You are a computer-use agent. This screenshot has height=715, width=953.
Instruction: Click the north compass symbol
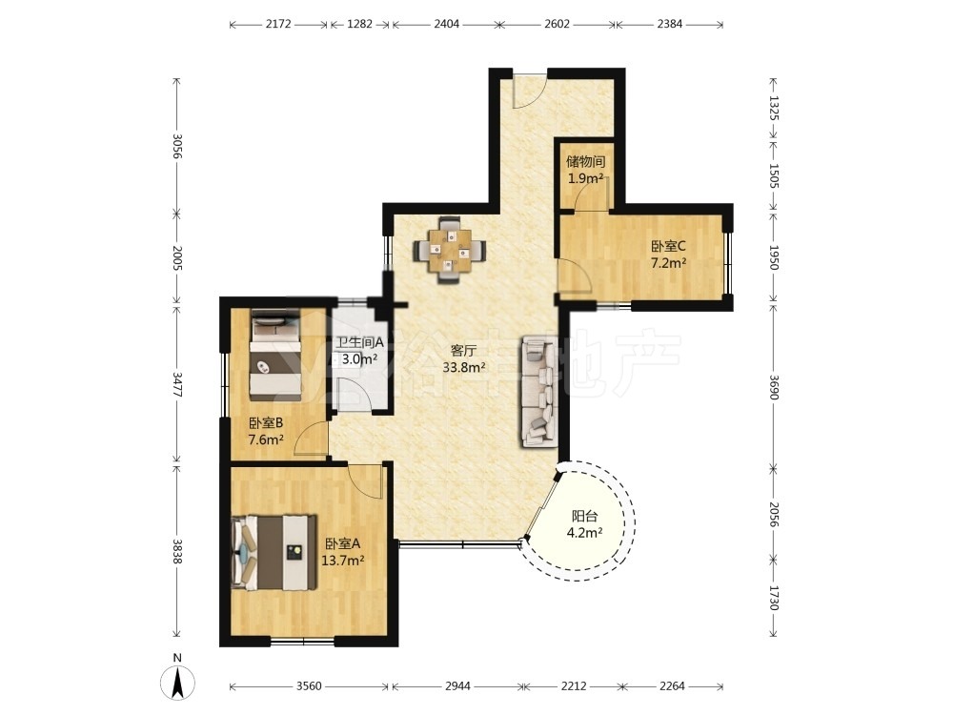point(177,683)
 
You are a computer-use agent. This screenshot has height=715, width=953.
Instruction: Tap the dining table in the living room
point(450,250)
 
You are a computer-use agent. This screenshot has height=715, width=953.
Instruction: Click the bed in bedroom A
point(274,553)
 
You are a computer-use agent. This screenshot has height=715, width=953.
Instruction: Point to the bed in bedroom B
point(275,355)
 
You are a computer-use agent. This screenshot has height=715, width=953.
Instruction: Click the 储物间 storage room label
point(586,162)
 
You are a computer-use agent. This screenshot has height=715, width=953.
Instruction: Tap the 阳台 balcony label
point(585,517)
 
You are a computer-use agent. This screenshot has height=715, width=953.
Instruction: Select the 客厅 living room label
point(463,351)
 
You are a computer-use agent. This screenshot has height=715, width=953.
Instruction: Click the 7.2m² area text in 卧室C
point(669,263)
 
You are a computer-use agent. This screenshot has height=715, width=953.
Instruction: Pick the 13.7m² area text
point(343,561)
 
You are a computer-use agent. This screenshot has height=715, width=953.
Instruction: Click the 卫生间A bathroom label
point(360,342)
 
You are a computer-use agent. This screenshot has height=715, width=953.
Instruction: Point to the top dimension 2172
point(278,25)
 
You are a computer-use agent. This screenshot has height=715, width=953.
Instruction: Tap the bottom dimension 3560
point(309,686)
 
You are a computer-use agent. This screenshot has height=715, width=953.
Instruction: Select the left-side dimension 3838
point(176,551)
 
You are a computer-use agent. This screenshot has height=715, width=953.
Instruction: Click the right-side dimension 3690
point(774,387)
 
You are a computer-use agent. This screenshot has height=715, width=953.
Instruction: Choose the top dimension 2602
point(557,25)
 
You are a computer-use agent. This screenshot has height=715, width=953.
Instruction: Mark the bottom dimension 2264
point(672,686)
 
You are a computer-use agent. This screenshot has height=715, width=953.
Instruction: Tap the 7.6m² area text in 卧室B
point(266,439)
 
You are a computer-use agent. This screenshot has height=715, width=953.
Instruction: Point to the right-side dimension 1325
point(774,107)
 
